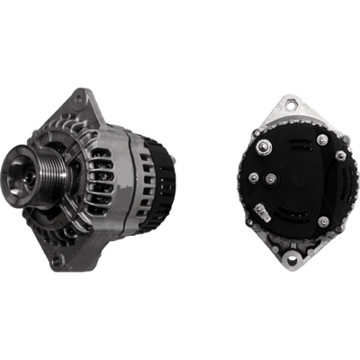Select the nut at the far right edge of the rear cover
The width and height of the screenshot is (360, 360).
click(x=341, y=155)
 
